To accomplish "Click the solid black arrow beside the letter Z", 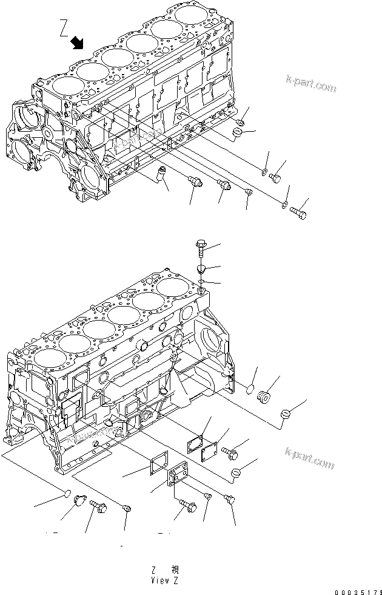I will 77,42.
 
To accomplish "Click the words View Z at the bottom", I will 165,579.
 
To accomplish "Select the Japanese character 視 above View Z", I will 175,569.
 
